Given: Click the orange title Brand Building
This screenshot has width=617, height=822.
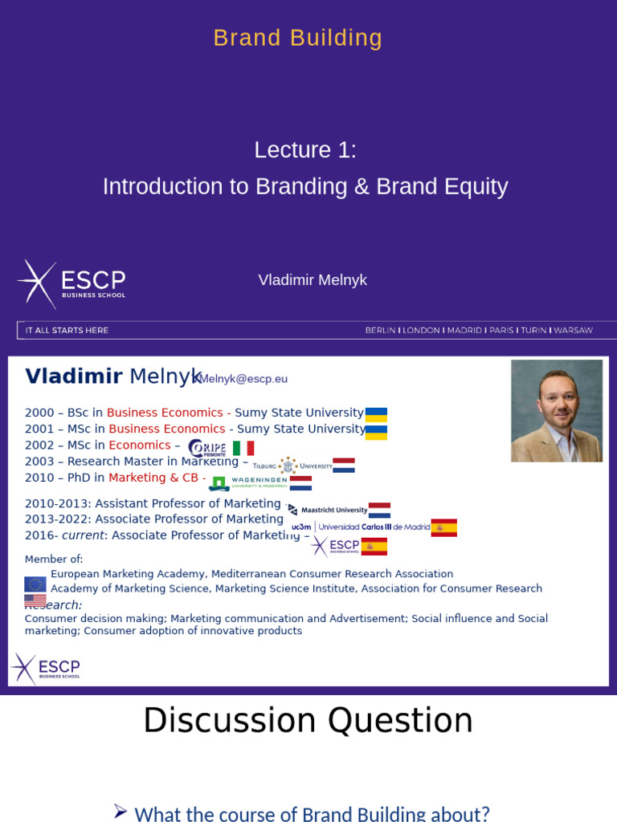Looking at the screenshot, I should (x=298, y=38).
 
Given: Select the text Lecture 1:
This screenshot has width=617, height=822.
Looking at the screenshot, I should (x=305, y=150).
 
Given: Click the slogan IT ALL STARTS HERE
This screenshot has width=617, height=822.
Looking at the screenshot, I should (x=67, y=330).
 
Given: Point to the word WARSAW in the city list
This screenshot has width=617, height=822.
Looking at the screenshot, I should (x=573, y=330).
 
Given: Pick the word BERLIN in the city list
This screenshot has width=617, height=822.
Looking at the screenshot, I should (x=380, y=330).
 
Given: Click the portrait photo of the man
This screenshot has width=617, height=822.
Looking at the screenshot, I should (x=556, y=410).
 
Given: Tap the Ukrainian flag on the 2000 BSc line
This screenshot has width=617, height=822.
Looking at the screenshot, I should (x=376, y=414).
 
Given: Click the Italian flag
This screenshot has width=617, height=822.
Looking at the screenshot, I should (x=243, y=448).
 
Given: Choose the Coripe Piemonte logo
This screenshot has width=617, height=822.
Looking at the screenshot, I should (x=207, y=448).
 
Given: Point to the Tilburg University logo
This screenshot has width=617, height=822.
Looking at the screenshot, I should (x=292, y=466).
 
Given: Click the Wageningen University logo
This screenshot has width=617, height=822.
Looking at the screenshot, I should (x=248, y=482).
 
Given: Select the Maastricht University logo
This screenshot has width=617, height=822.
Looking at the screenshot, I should (x=328, y=510).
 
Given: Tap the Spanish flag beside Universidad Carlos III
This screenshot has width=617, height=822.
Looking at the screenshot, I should (x=443, y=527).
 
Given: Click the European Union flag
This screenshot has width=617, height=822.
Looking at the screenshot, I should (x=35, y=584).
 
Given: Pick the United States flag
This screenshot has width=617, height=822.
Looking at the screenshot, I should (x=35, y=600).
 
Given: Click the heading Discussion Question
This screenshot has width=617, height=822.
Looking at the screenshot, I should (x=308, y=720).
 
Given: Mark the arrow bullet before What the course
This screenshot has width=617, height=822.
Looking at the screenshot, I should (x=121, y=811).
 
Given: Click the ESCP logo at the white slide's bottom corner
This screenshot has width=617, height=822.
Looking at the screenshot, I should (x=46, y=668).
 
